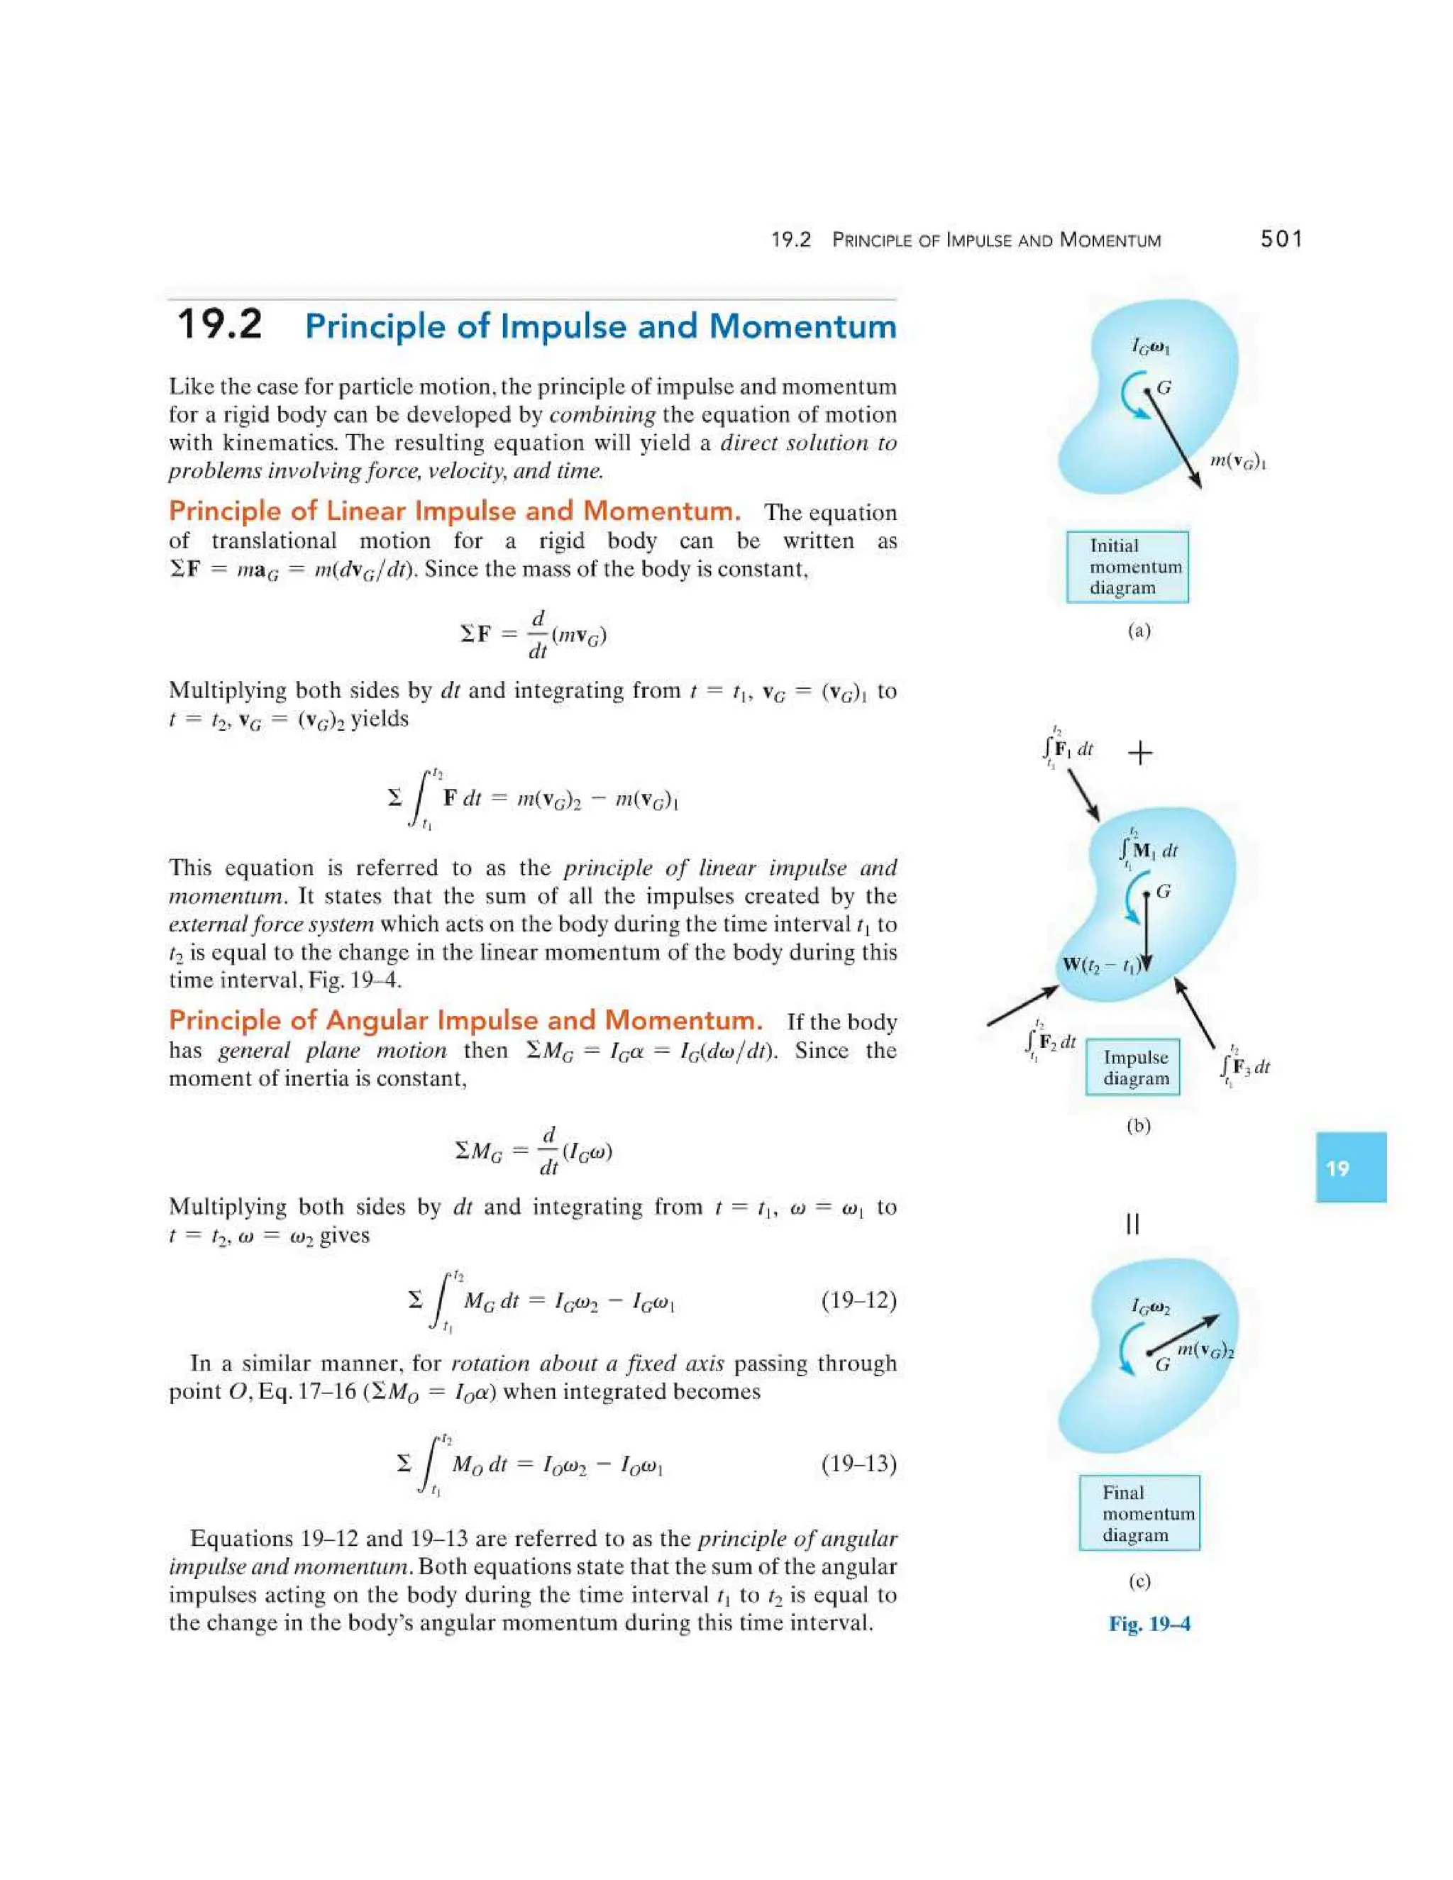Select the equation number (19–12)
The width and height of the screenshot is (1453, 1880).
[x=858, y=1300]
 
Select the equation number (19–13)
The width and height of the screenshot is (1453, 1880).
[x=858, y=1464]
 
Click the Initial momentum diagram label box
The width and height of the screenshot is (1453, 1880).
[x=1127, y=566]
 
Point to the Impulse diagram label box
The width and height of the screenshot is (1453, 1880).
[x=1133, y=1068]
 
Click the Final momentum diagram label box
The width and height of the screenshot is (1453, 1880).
[x=1139, y=1513]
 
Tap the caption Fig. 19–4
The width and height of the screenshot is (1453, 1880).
[x=1149, y=1623]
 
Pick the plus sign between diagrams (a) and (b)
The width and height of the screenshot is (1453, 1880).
[x=1139, y=753]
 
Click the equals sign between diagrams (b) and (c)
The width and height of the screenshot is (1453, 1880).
[x=1133, y=1223]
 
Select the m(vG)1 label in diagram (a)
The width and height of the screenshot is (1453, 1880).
[x=1238, y=461]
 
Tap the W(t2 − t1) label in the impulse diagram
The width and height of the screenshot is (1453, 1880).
[x=1102, y=965]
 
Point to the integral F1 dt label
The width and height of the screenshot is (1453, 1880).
[x=1067, y=748]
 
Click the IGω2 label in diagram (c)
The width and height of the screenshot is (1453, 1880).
[x=1150, y=1307]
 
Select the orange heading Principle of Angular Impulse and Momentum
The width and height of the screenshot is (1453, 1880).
[x=465, y=1021]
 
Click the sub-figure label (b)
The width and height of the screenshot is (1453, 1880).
[x=1138, y=1126]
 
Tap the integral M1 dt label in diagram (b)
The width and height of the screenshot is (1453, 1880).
[x=1147, y=851]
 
